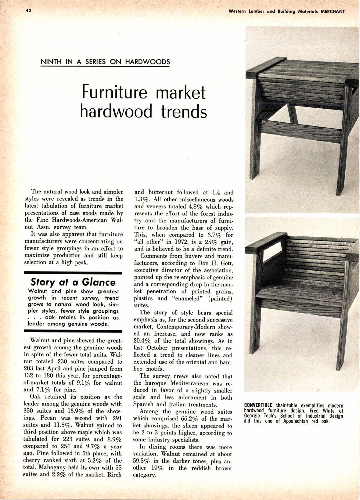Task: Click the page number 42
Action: click(x=28, y=10)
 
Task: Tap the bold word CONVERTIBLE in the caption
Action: click(x=258, y=405)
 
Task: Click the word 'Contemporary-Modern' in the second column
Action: click(x=186, y=327)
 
